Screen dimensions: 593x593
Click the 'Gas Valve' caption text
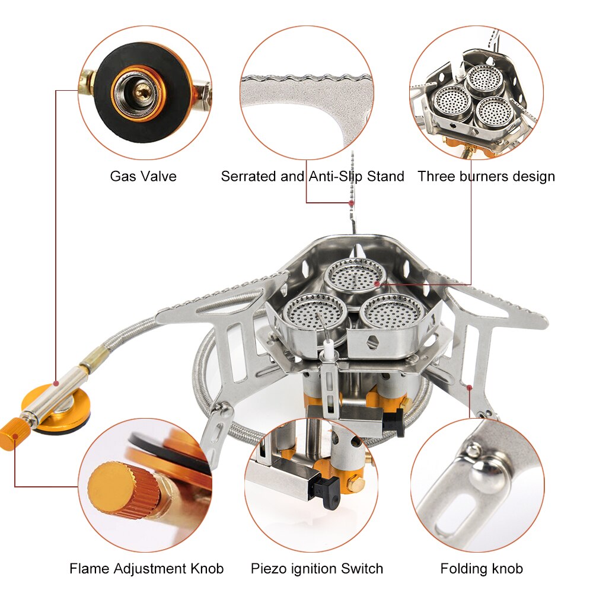pyautogui.click(x=143, y=176)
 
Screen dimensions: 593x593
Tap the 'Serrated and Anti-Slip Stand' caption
pyautogui.click(x=313, y=176)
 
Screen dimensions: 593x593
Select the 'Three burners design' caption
pyautogui.click(x=486, y=176)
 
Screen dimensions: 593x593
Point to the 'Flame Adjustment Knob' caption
pyautogui.click(x=146, y=569)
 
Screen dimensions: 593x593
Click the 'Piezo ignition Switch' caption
pyautogui.click(x=317, y=569)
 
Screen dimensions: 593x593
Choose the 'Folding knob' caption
pyautogui.click(x=482, y=569)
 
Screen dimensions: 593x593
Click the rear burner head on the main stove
pyautogui.click(x=355, y=274)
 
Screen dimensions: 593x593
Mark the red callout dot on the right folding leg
pyautogui.click(x=470, y=388)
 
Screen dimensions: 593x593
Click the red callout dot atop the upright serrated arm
pyautogui.click(x=352, y=203)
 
